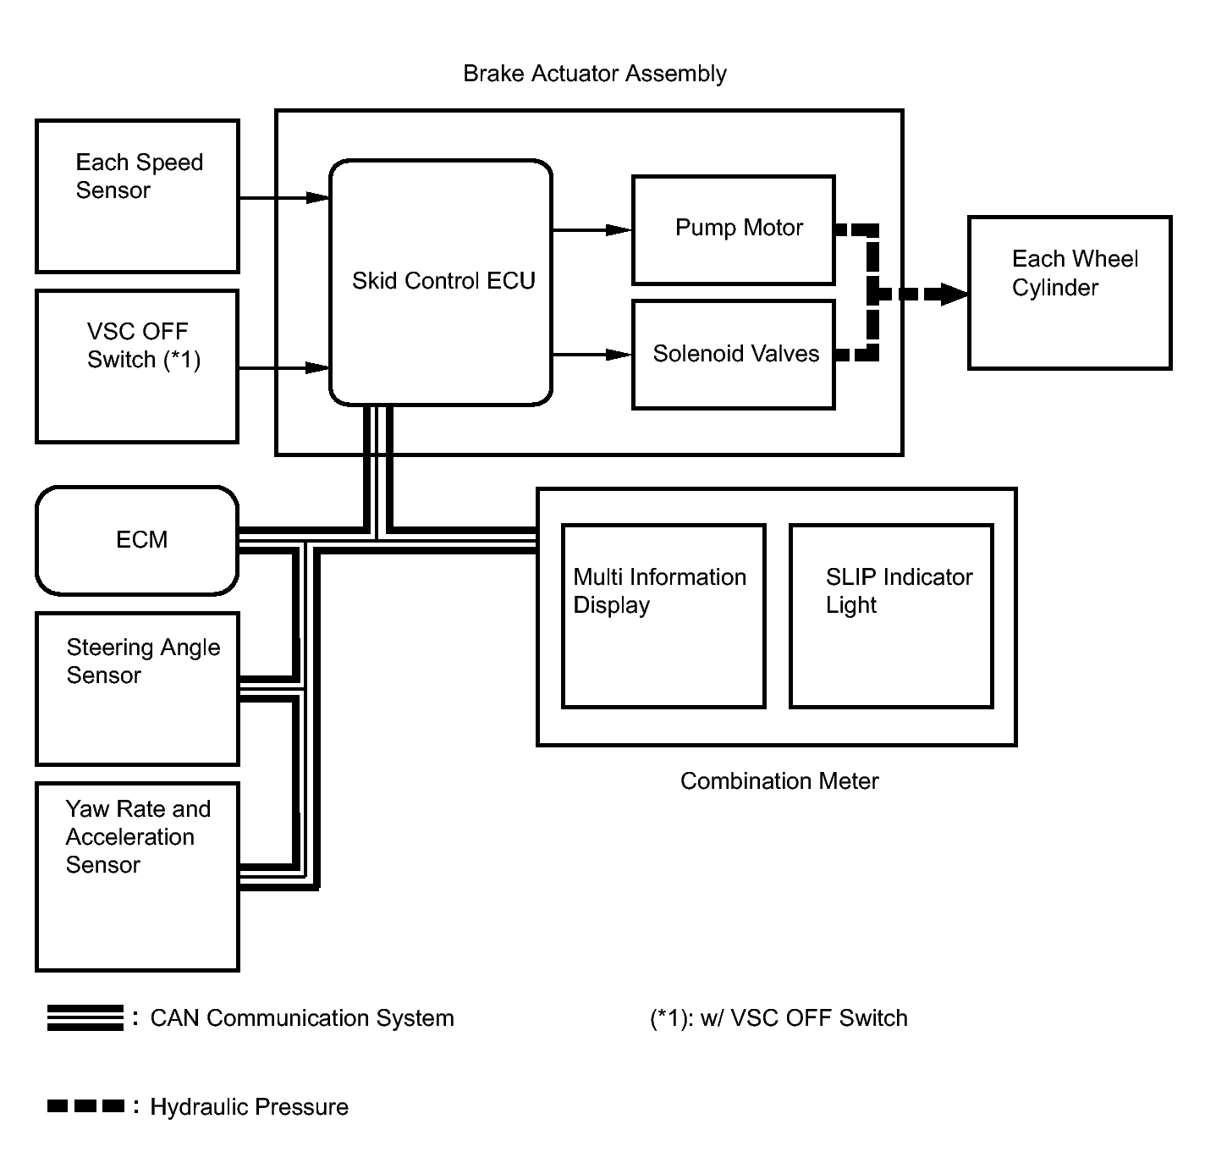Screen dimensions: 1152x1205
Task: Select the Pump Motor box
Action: coord(734,229)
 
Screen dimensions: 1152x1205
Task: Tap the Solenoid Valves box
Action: coord(734,354)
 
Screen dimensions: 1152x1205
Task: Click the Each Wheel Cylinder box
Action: coord(1070,292)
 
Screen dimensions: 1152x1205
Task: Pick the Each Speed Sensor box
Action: coord(137,196)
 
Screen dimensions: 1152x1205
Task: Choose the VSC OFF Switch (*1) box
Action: coord(137,366)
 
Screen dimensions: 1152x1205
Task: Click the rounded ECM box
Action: coord(137,540)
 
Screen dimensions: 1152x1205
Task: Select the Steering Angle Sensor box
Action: coord(137,688)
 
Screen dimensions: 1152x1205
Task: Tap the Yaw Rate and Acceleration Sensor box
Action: coord(137,876)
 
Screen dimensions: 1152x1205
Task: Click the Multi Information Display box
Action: coord(663,615)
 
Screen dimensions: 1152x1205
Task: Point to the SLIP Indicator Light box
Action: coord(891,615)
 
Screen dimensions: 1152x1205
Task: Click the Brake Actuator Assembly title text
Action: coord(594,74)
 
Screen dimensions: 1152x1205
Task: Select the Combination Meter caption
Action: coord(779,780)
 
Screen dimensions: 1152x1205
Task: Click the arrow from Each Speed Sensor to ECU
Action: coord(283,198)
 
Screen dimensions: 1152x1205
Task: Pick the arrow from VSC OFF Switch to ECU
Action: coord(283,368)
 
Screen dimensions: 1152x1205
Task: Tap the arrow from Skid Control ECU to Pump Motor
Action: coord(592,229)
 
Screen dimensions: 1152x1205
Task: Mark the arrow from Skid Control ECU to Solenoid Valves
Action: coord(592,355)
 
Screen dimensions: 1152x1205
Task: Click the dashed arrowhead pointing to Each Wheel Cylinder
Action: coord(953,295)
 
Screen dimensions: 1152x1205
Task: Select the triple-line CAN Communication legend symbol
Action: coord(85,1017)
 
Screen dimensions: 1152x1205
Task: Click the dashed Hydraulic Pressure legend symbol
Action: coord(85,1106)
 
